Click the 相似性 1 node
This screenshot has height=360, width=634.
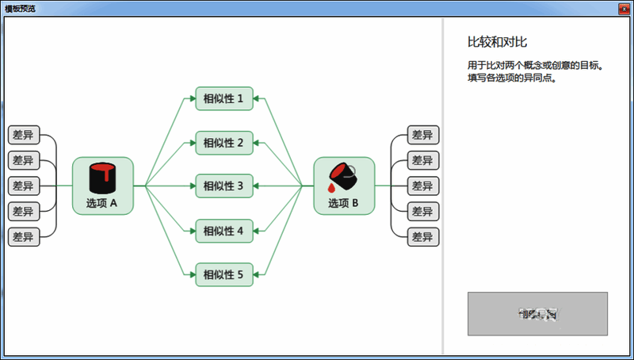224,99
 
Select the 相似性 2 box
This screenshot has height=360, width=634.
224,143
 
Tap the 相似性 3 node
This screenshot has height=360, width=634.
224,186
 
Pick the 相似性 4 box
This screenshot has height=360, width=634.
224,232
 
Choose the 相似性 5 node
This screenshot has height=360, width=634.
224,275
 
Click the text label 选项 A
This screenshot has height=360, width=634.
102,203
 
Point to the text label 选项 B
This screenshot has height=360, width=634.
344,203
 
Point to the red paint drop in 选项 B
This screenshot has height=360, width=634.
331,187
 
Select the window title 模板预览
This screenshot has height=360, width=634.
20,8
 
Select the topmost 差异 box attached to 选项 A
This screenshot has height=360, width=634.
23,135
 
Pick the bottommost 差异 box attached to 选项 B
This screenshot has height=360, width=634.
422,236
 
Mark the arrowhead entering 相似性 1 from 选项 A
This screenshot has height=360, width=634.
191,99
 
